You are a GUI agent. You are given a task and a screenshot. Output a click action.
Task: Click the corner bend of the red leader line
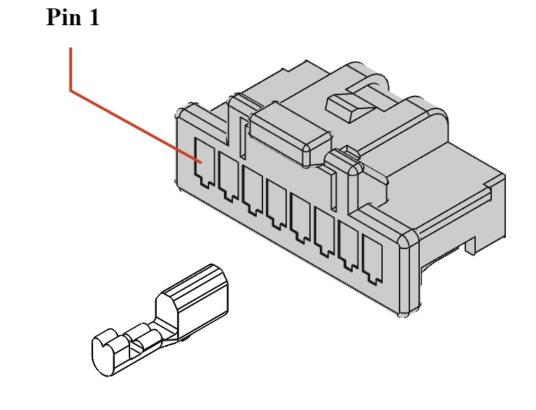click(x=71, y=90)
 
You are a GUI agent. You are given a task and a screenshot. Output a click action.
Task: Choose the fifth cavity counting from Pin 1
click(x=301, y=212)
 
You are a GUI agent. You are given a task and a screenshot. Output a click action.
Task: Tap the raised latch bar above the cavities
click(x=287, y=133)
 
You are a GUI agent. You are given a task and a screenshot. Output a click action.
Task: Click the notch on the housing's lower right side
click(x=467, y=246)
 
